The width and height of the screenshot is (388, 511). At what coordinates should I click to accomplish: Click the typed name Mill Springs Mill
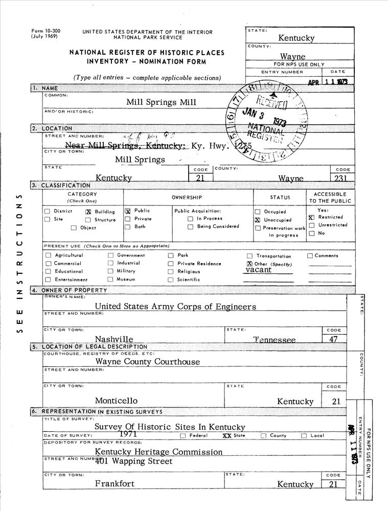coord(161,102)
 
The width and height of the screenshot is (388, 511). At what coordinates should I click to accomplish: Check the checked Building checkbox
coord(88,212)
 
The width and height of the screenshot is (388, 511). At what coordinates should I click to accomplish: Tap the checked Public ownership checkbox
coord(128,211)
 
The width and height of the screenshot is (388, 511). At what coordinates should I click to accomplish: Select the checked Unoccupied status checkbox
coord(258,220)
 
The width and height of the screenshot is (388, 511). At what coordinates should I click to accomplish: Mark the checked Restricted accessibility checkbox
coord(311,217)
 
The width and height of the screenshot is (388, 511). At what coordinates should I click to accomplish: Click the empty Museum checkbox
coord(110,280)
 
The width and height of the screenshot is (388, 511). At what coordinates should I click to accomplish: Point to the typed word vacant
coord(258,270)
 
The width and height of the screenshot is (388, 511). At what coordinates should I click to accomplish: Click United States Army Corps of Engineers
coord(175,307)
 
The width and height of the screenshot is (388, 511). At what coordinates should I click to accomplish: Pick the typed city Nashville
coord(114,339)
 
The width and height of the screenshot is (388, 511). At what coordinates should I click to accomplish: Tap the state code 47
coord(333,339)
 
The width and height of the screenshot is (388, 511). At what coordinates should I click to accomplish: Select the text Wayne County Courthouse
coord(148,362)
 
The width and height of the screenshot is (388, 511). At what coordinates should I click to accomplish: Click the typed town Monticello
coord(116,401)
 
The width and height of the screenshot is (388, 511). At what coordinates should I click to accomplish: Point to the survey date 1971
coord(127,434)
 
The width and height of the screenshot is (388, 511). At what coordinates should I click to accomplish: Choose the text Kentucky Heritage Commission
coord(158,452)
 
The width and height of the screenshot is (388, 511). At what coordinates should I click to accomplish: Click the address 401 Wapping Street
coord(134,461)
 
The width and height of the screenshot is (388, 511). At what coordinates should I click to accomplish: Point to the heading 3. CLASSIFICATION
coord(60,185)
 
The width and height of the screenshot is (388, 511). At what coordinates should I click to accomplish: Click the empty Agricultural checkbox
coord(48,255)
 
